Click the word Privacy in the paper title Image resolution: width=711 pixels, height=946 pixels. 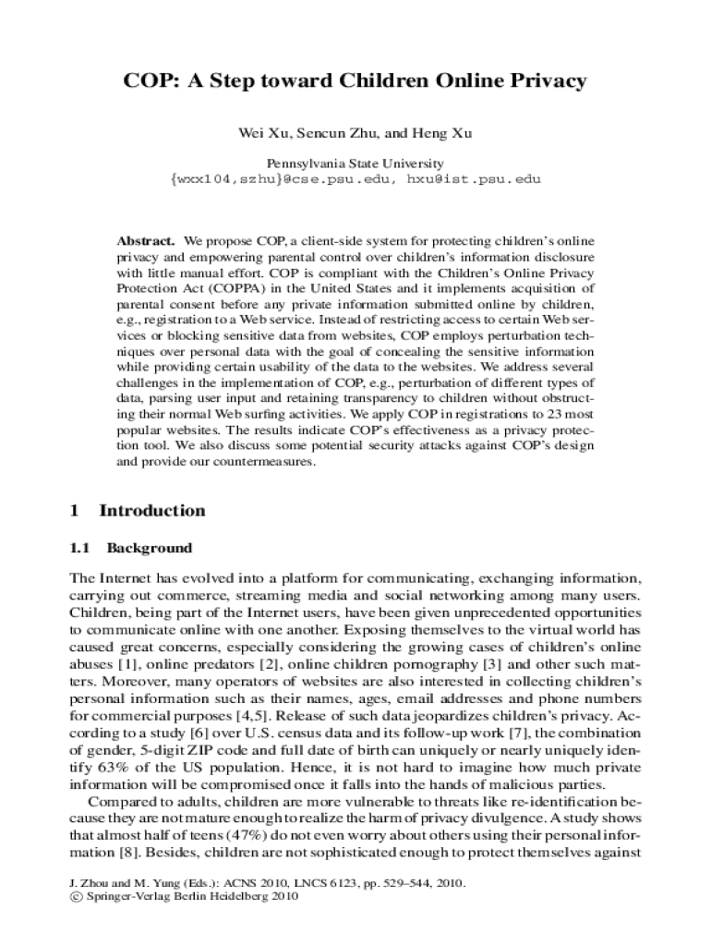[x=548, y=81]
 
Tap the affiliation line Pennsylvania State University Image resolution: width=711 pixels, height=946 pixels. [x=355, y=164]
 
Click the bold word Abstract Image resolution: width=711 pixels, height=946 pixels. [x=146, y=240]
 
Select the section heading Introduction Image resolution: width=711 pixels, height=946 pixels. [x=152, y=511]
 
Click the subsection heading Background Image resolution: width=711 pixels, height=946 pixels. [x=150, y=548]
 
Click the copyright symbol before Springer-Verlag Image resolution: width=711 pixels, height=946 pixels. [x=63, y=897]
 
